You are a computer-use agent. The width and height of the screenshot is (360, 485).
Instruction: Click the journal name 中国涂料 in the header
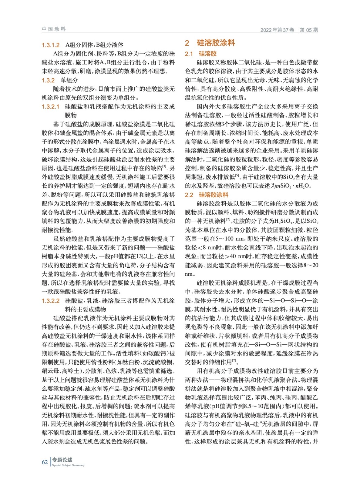coord(54,29)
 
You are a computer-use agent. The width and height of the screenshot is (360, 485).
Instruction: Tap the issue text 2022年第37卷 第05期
coord(289,30)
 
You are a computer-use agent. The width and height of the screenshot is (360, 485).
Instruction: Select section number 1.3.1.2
coord(51,45)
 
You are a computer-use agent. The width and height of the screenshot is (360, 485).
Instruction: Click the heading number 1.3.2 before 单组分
coord(48,80)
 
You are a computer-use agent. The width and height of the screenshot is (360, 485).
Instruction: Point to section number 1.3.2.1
coord(51,107)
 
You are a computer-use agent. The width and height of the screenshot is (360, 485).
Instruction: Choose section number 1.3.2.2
coord(51,301)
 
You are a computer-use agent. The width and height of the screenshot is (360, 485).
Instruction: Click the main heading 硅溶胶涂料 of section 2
coord(216,43)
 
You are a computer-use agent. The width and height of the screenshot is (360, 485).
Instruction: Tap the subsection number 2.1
coord(189,54)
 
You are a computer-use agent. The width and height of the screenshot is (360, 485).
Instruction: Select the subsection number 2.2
coord(189,195)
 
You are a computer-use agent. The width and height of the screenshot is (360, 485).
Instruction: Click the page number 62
coord(45,462)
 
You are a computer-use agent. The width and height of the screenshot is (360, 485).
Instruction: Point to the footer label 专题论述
coord(62,460)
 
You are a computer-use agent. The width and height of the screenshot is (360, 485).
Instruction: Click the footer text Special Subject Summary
coord(68,465)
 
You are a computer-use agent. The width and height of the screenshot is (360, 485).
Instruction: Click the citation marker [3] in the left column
coord(164,166)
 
